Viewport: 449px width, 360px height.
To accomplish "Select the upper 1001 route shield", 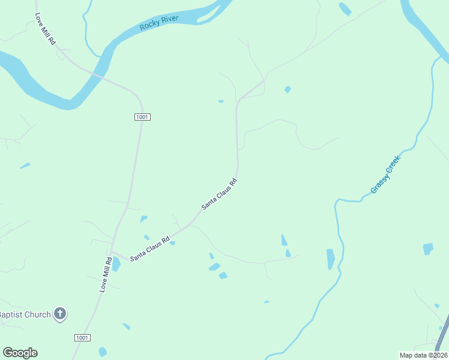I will (x=142, y=116).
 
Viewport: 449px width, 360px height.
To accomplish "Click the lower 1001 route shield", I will (x=83, y=338).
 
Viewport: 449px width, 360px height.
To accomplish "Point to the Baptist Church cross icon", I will (x=59, y=313).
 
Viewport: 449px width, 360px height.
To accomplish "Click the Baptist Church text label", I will (x=26, y=314).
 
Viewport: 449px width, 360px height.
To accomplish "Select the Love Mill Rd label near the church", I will (x=105, y=274).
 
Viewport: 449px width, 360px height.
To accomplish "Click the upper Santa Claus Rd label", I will (x=220, y=193).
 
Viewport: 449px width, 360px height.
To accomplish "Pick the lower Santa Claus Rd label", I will (x=149, y=247).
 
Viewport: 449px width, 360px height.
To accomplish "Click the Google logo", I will (x=20, y=353).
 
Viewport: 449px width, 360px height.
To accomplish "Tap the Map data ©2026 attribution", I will (x=423, y=355).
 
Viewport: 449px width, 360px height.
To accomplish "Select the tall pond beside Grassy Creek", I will (x=330, y=259).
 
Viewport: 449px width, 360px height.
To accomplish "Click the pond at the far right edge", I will (x=427, y=248).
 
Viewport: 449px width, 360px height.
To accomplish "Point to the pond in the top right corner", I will (x=345, y=8).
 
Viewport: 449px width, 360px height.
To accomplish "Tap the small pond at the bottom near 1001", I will (x=103, y=352).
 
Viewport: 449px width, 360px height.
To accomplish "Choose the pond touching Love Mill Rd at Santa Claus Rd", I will (x=116, y=265).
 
